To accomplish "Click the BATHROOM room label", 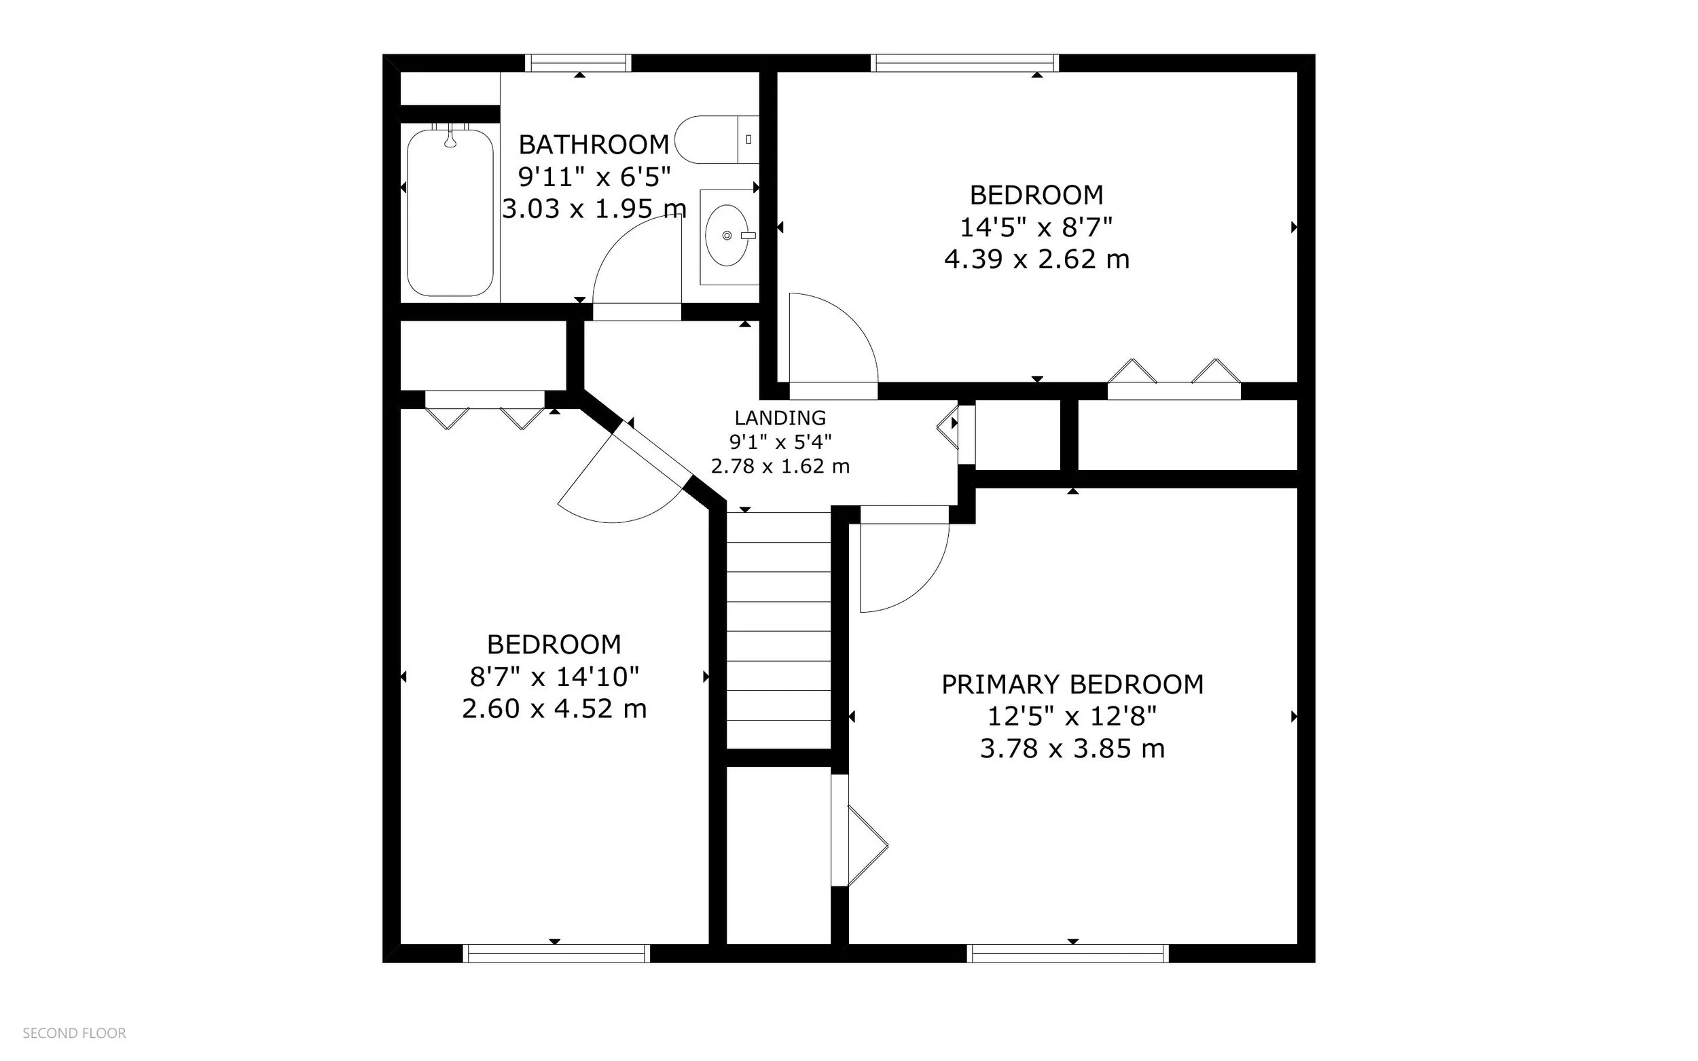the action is (594, 145).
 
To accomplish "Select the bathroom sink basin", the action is (727, 235).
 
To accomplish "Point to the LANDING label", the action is (780, 418).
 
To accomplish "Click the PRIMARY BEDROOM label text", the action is (1072, 684).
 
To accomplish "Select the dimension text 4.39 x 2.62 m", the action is (1036, 259).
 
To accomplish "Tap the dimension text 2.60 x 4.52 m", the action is (554, 708).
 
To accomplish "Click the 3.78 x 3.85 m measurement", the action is (1072, 749).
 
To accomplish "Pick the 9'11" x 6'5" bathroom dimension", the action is (594, 177).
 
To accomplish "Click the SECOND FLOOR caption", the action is (75, 1033).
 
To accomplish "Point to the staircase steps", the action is (779, 630).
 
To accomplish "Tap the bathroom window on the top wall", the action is (578, 63).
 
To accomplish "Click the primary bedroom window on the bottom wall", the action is (1068, 953).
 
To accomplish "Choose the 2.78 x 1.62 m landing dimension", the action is (780, 466).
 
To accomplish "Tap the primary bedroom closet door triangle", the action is (868, 846).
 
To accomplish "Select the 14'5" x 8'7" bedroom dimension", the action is (1036, 228).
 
